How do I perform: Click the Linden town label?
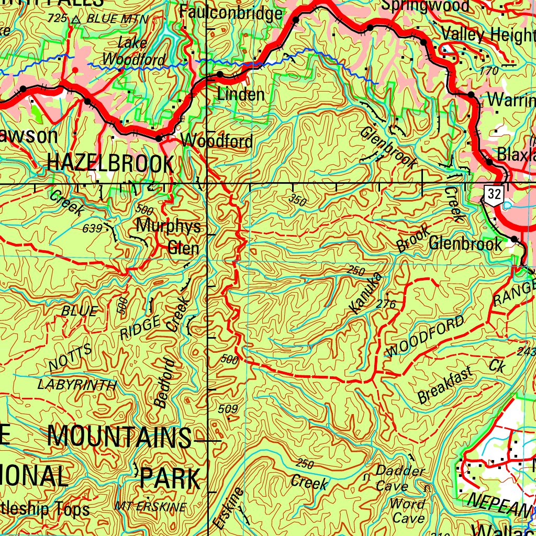[241, 95]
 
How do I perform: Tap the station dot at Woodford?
[159, 139]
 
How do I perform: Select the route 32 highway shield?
[494, 195]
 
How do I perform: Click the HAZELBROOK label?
[110, 163]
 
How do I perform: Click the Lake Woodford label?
[133, 51]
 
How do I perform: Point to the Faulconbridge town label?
[231, 13]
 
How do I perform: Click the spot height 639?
[92, 229]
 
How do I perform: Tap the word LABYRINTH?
[77, 385]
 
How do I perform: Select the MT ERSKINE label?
[150, 507]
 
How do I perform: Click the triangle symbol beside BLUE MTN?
[76, 20]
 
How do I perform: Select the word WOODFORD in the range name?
[425, 336]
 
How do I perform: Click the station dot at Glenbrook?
[514, 239]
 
